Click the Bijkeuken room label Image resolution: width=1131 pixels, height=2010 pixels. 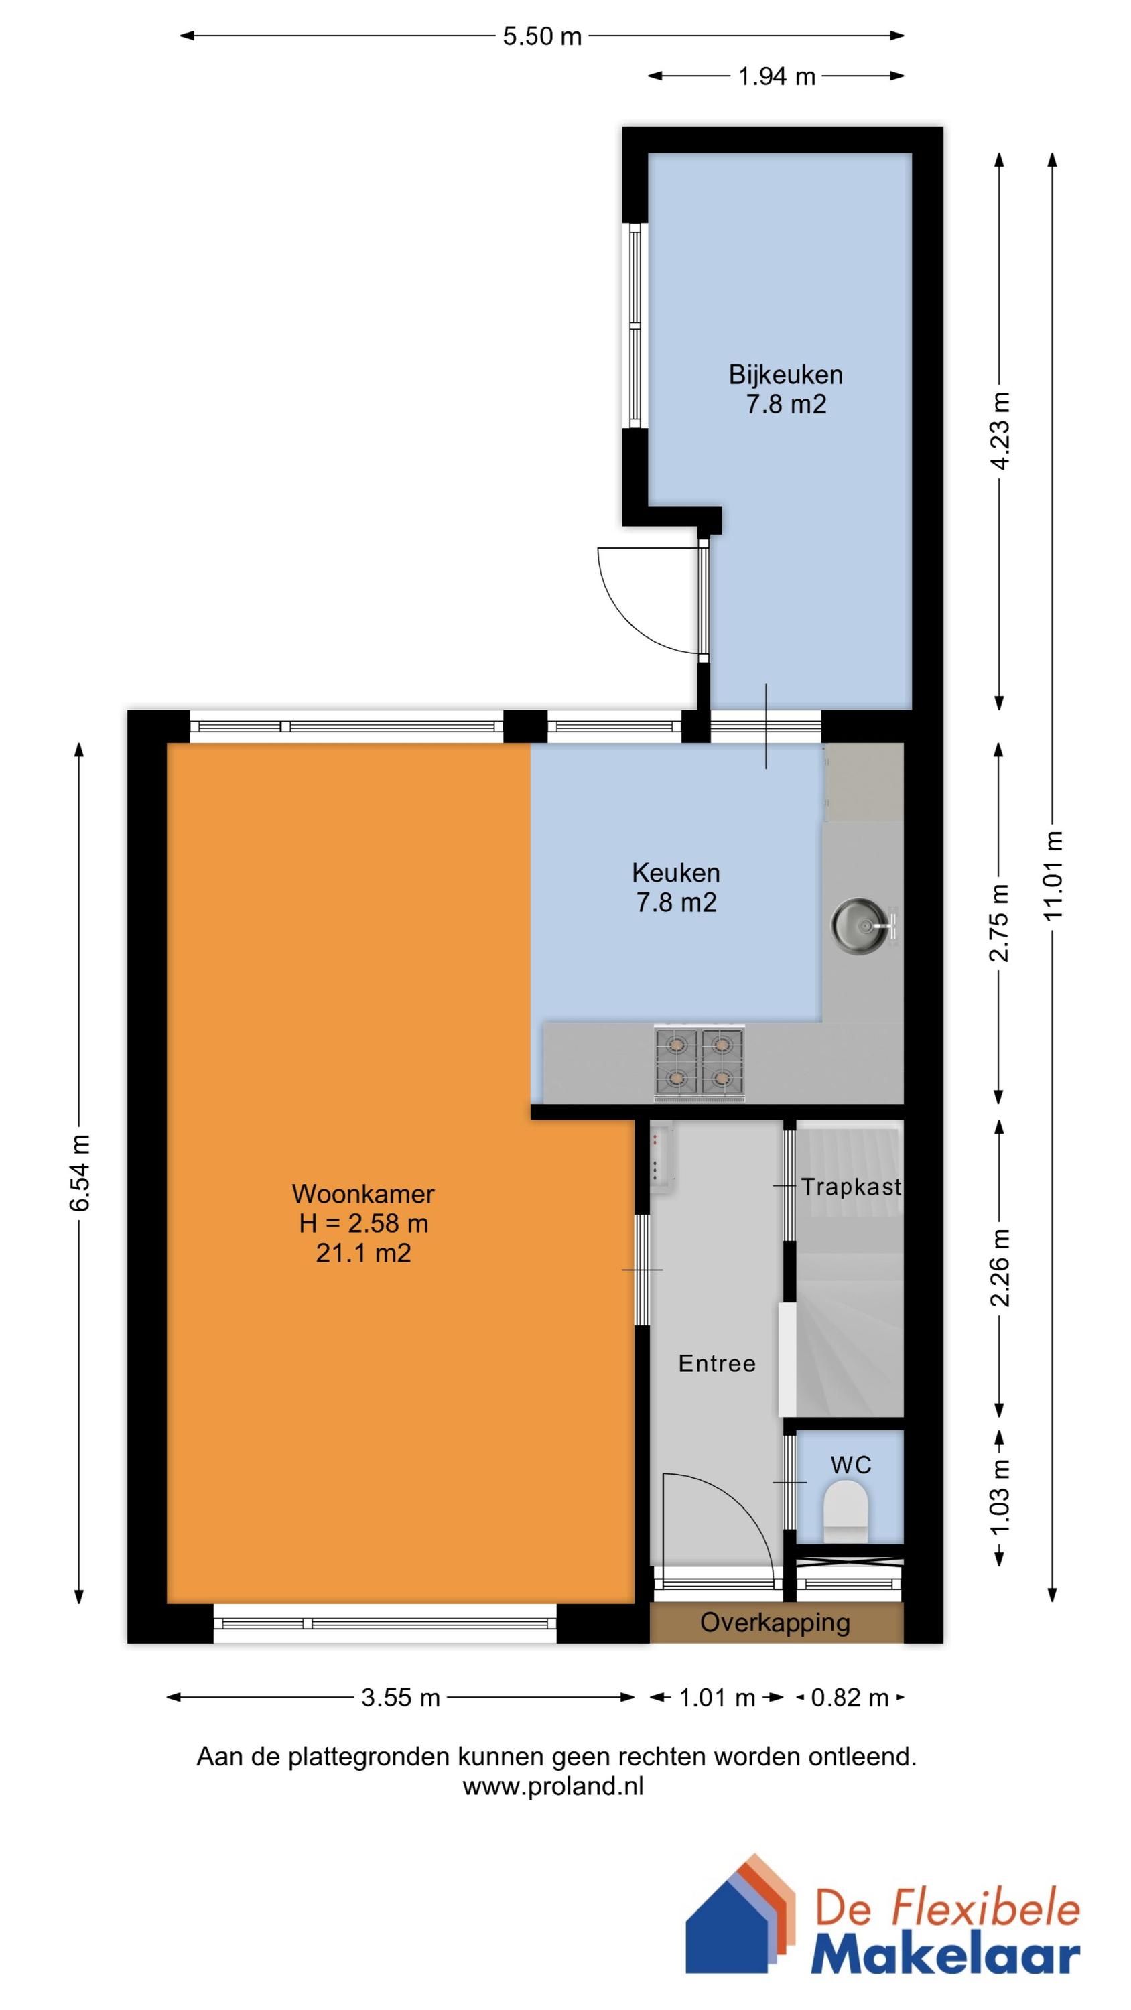[785, 375]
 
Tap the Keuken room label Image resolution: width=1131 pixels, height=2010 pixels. [675, 872]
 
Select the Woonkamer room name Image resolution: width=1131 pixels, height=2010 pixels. [363, 1193]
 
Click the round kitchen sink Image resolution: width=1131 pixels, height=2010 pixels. [860, 925]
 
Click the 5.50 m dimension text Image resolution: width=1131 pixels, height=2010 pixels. [541, 36]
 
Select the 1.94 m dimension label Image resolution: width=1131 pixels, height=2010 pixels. [777, 76]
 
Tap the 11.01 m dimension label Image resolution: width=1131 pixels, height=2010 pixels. [1054, 875]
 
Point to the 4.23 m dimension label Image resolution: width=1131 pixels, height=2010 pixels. [1000, 430]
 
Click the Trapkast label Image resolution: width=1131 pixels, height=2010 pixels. [851, 1187]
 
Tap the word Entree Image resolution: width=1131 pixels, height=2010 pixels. [716, 1363]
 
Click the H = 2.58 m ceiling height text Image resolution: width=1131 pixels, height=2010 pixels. [363, 1223]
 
